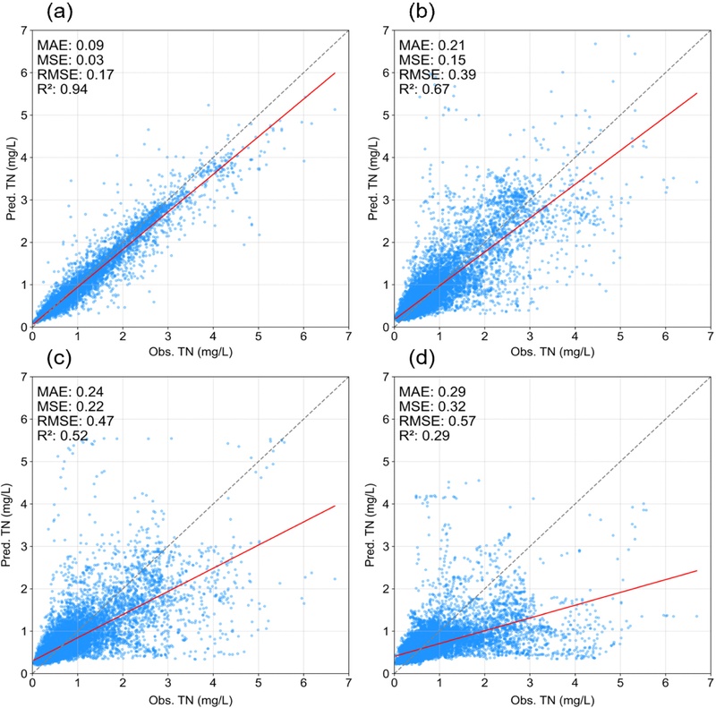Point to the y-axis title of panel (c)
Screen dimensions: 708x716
(x=8, y=525)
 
